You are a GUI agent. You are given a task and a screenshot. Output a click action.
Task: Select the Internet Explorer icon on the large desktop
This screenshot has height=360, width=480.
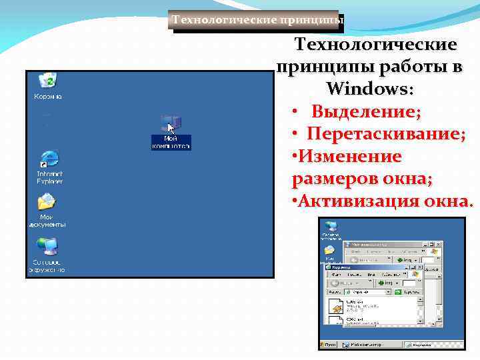click(x=49, y=160)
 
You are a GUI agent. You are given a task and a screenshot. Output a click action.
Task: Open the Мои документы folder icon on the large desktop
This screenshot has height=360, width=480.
click(x=47, y=203)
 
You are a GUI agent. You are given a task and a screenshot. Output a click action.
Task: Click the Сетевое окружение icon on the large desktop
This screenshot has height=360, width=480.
click(x=47, y=247)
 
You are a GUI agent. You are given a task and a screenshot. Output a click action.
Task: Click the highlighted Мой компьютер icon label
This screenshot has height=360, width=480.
click(x=171, y=142)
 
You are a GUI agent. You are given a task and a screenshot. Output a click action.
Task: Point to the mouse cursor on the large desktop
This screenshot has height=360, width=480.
click(x=171, y=127)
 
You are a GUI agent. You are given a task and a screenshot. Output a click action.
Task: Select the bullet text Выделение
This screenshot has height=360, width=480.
click(x=366, y=111)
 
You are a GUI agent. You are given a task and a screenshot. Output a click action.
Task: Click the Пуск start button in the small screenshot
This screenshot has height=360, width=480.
click(x=329, y=345)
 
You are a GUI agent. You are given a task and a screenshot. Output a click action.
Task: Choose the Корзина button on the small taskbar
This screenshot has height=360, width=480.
click(x=420, y=345)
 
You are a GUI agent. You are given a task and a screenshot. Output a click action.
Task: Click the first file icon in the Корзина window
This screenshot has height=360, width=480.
click(x=337, y=306)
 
